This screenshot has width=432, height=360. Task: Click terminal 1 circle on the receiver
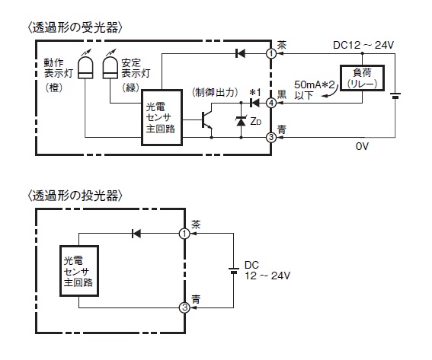click(x=271, y=53)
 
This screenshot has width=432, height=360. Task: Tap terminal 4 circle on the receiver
click(x=271, y=103)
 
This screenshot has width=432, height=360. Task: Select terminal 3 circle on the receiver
click(x=271, y=137)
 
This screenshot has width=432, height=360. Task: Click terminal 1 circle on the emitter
click(x=184, y=234)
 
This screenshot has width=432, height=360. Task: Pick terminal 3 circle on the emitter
click(x=184, y=307)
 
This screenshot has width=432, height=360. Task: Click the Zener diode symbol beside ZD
click(x=241, y=121)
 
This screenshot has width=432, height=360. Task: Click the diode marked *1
click(x=254, y=103)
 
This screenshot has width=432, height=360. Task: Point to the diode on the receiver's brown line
click(x=240, y=53)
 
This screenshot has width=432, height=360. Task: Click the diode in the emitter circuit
click(x=136, y=234)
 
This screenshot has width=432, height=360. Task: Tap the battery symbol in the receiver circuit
click(x=395, y=95)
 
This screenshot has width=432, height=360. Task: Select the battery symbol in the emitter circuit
click(x=234, y=270)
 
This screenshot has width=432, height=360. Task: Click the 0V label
click(x=362, y=146)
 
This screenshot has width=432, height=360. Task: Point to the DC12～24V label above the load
click(x=363, y=45)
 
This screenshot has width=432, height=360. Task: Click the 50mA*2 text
click(x=315, y=84)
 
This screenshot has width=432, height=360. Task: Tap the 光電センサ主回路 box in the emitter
click(x=79, y=271)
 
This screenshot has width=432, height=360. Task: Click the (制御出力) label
click(x=215, y=93)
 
